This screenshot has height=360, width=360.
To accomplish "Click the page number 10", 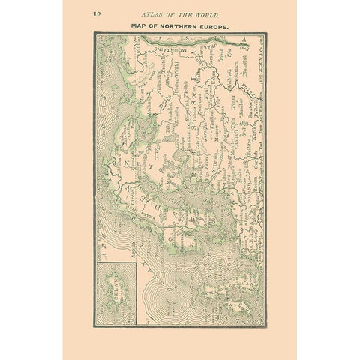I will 97,13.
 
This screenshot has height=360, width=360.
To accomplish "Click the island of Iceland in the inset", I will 116,282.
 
